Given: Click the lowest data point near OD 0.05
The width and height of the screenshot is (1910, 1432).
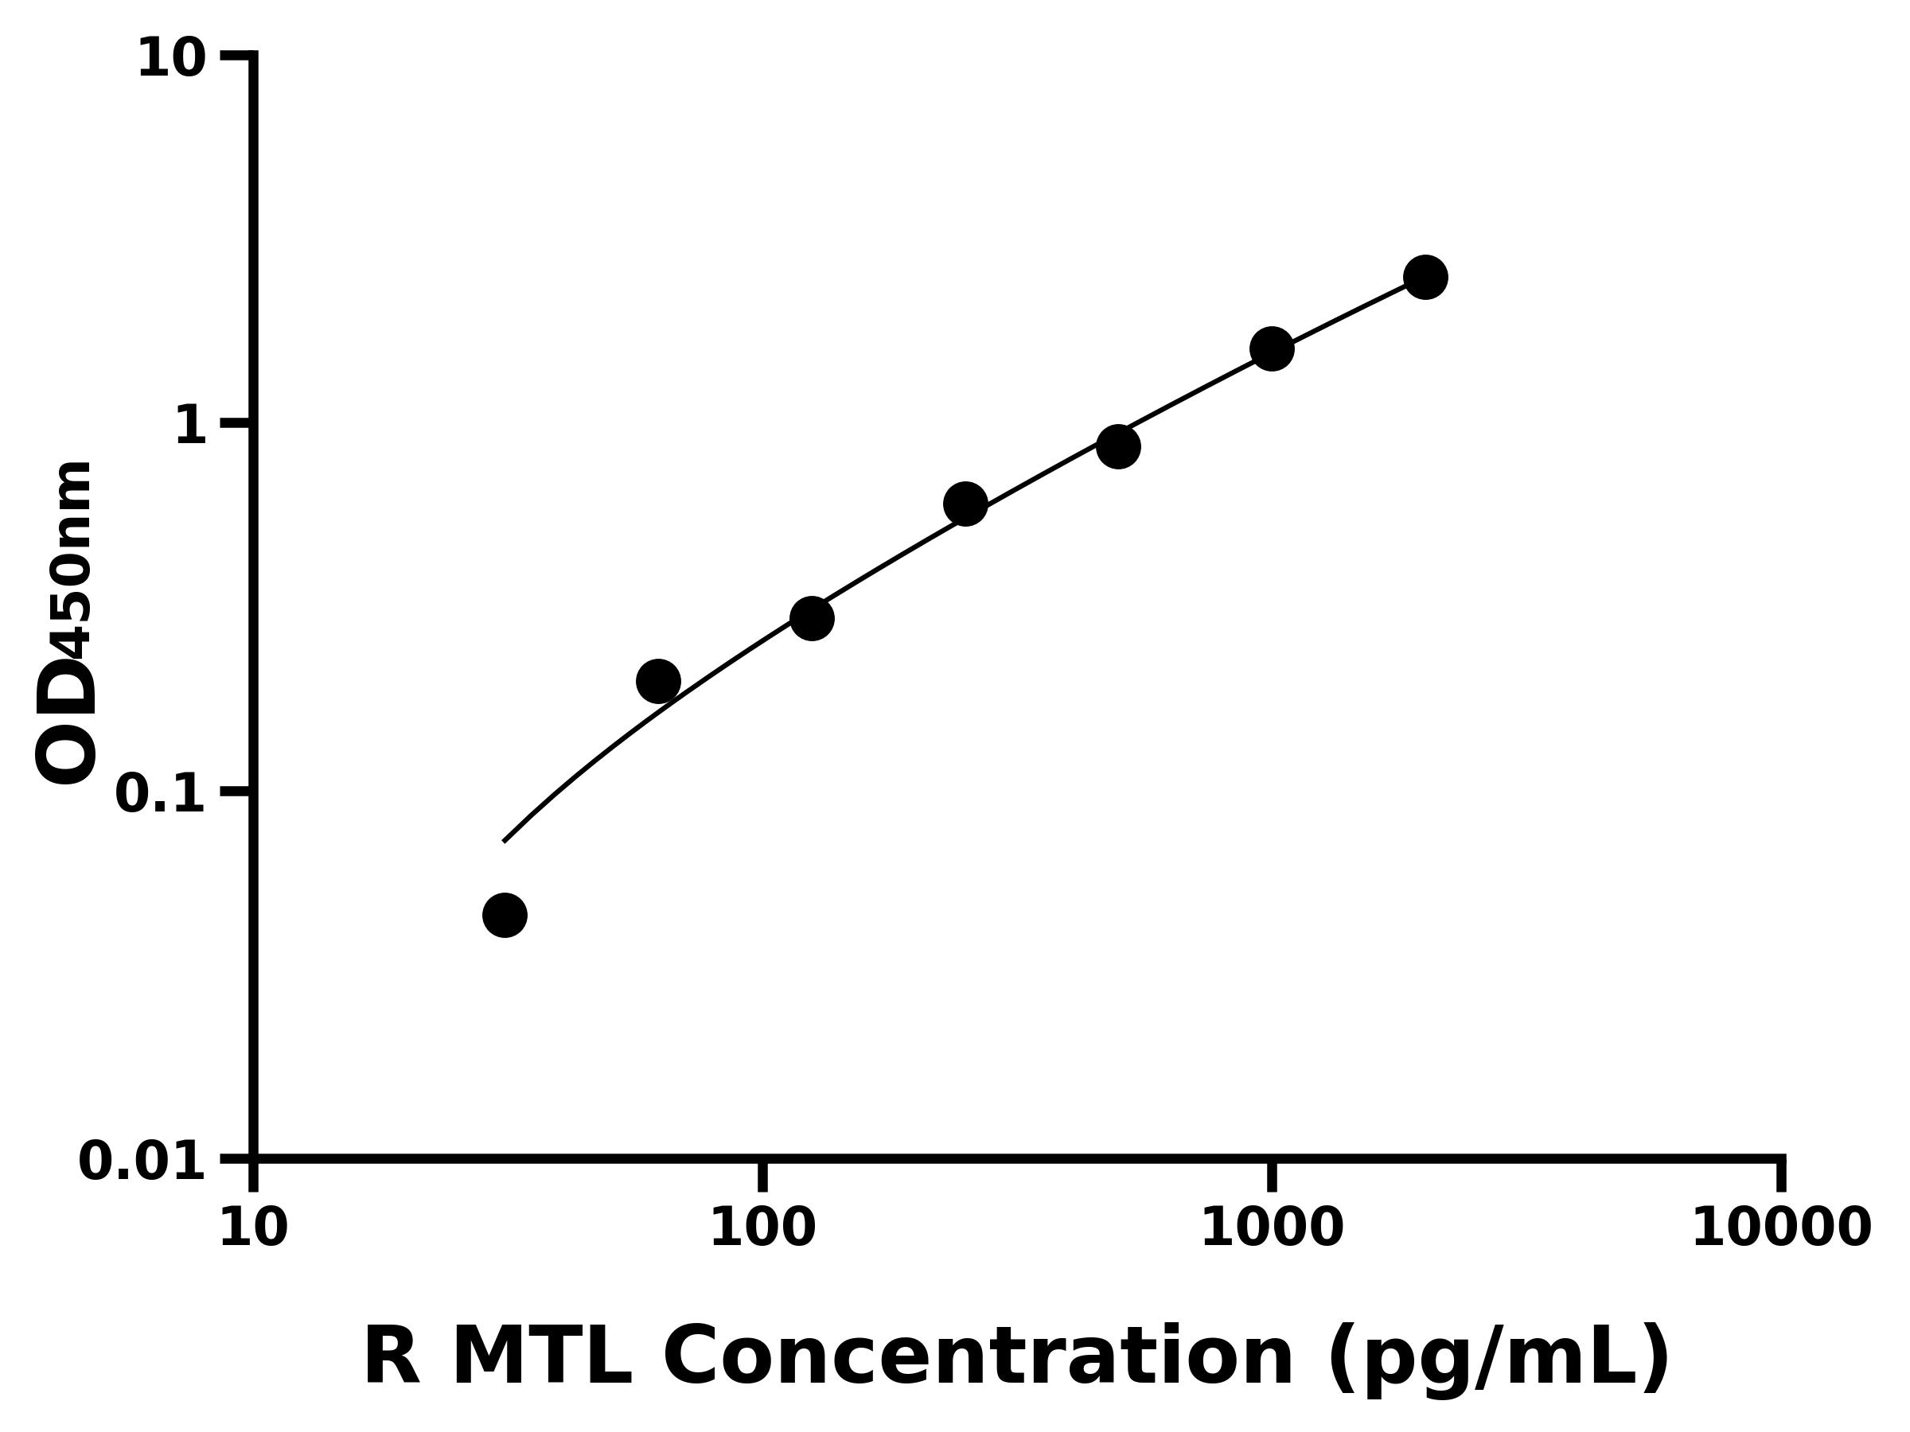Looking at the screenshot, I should pos(505,915).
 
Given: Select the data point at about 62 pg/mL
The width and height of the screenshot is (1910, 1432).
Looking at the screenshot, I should pos(658,682).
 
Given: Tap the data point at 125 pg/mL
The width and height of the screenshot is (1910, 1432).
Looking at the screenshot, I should pos(812,618).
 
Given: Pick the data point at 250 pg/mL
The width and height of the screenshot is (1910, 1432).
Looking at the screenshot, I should pos(965,504).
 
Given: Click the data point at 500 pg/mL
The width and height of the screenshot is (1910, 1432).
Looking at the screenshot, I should pos(1118,446).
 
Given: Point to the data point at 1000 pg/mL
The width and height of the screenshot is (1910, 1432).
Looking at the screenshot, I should pos(1272,348).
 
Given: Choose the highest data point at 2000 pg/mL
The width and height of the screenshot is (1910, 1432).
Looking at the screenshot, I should pos(1425,277).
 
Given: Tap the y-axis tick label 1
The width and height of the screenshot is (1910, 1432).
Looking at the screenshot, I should pos(191,426).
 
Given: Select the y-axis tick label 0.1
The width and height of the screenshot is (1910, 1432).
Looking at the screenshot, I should pos(161,794).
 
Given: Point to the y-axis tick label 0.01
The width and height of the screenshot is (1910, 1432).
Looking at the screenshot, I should pos(142,1162).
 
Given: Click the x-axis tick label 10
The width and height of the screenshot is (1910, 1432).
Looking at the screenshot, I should pos(253,1228).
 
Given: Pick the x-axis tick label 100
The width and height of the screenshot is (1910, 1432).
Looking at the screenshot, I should pos(762,1228).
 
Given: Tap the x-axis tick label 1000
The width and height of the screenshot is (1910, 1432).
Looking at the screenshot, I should pos(1272,1228).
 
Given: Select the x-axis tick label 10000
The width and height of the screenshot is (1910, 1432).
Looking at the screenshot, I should pos(1781,1228).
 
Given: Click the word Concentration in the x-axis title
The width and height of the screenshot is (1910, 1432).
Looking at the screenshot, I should pos(978,1358).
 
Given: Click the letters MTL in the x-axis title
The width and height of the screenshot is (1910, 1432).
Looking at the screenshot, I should pos(541,1358).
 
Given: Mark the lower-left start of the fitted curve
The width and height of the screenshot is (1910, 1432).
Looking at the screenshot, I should pos(505,841).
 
